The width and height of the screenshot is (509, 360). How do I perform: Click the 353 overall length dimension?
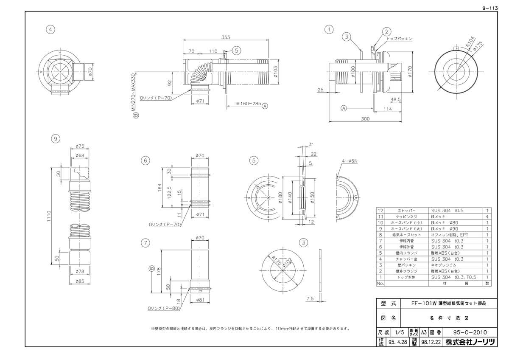coord(225,37)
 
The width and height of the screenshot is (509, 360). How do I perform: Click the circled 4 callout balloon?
coord(51,29)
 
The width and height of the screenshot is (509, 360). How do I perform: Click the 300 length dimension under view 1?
coord(365,119)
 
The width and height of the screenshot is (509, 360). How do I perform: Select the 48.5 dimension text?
coord(396,99)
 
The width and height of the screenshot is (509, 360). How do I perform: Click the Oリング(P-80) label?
coord(164,308)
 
